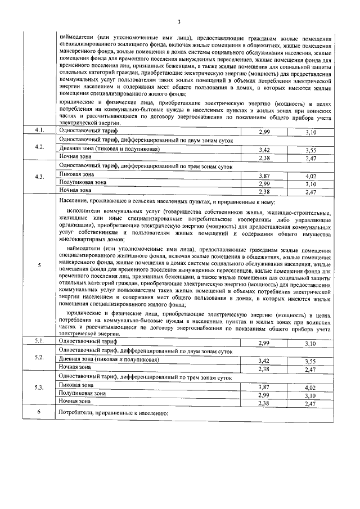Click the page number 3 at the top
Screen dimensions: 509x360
[178, 22]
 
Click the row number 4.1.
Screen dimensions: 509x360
[39, 130]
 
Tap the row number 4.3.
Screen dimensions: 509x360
[39, 177]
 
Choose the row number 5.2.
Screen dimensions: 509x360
[39, 358]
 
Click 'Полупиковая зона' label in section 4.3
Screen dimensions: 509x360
[82, 183]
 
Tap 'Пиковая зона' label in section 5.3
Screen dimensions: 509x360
[76, 385]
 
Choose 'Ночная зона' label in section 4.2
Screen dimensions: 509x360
[75, 158]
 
